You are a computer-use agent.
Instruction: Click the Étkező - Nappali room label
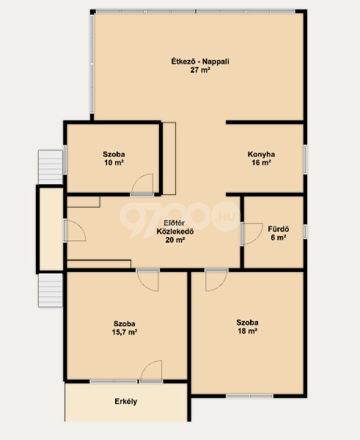pyautogui.click(x=200, y=61)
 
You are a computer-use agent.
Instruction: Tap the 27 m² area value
pyautogui.click(x=200, y=70)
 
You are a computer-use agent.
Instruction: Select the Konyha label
pyautogui.click(x=261, y=154)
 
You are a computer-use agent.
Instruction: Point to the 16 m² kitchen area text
pyautogui.click(x=261, y=163)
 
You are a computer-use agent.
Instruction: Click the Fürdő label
pyautogui.click(x=279, y=229)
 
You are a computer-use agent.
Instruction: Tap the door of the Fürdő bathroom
pyautogui.click(x=251, y=234)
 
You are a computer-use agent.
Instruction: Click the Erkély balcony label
pyautogui.click(x=126, y=401)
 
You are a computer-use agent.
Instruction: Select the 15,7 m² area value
pyautogui.click(x=125, y=332)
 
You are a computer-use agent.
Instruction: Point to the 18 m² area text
pyautogui.click(x=247, y=331)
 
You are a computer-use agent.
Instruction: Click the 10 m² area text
pyautogui.click(x=114, y=163)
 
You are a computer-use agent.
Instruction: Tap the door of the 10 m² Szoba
pyautogui.click(x=142, y=184)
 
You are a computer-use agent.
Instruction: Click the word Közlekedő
pyautogui.click(x=175, y=232)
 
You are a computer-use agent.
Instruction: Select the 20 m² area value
pyautogui.click(x=175, y=240)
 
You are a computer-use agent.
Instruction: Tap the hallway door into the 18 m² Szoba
pyautogui.click(x=216, y=280)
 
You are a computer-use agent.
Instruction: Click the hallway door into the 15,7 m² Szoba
pyautogui.click(x=148, y=280)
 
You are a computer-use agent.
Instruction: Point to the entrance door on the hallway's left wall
pyautogui.click(x=75, y=230)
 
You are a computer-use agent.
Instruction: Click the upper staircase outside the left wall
pyautogui.click(x=51, y=167)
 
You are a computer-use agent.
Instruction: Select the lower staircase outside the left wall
pyautogui.click(x=51, y=290)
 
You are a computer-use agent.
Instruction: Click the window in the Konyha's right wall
pyautogui.click(x=306, y=159)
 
